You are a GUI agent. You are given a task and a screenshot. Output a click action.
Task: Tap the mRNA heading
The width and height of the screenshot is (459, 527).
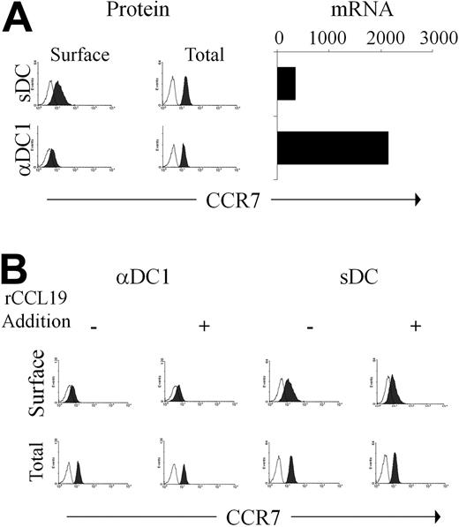[x=349, y=12]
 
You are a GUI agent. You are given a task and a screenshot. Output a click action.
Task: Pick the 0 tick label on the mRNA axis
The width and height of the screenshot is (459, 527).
[x=279, y=41]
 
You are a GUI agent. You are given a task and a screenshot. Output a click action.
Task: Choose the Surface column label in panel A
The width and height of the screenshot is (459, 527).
[x=79, y=55]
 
